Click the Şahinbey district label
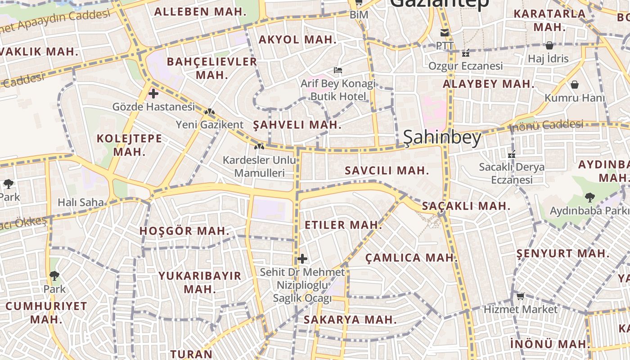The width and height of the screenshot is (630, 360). tap(442, 138)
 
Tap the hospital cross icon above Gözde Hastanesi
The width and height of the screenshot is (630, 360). tap(153, 94)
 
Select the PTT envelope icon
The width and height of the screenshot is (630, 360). tap(445, 32)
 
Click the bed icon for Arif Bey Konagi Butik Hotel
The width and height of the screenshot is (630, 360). tap(338, 70)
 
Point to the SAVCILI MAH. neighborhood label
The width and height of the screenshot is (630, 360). tap(387, 171)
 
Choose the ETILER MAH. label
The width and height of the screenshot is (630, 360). tap(343, 225)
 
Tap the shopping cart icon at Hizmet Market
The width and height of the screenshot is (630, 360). tap(520, 296)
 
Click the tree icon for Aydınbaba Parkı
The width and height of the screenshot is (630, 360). tap(589, 197)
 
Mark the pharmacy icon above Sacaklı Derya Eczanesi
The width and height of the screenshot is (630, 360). tap(511, 154)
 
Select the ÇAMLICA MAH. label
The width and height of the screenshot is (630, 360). tap(411, 258)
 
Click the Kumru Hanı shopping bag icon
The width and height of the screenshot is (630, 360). tap(575, 85)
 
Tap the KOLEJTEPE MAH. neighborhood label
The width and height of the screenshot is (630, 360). tap(130, 144)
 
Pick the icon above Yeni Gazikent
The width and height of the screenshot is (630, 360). tap(209, 111)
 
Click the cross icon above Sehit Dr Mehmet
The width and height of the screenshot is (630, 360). tap(302, 259)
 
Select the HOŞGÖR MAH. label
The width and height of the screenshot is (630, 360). tap(184, 231)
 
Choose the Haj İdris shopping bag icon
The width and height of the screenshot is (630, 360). tap(549, 45)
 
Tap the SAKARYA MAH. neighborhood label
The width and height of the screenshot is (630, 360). tap(350, 320)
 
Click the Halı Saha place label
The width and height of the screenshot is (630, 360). tap(81, 202)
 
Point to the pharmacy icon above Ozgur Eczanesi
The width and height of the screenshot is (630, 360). tap(466, 53)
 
